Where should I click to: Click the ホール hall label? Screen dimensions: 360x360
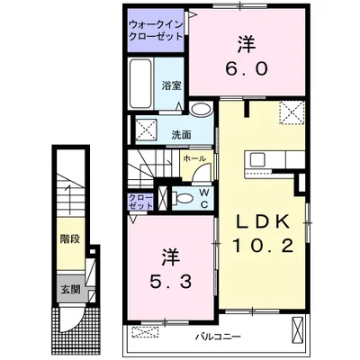point(193,159)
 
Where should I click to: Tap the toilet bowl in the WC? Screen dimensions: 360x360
point(184,200)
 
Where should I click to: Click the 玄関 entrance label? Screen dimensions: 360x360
point(68,291)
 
